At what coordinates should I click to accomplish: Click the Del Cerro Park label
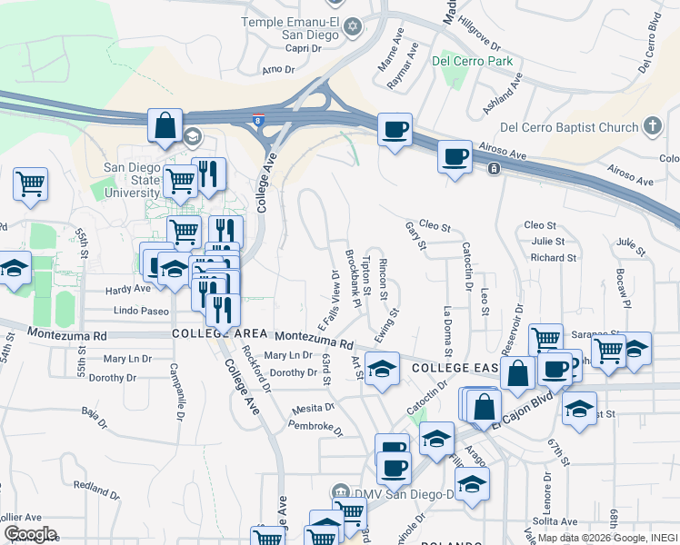pos(473,62)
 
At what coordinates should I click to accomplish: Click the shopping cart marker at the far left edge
pos(29,183)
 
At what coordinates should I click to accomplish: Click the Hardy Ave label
pos(127,290)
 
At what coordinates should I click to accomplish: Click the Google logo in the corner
pos(29,534)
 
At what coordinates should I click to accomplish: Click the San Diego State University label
pos(131,180)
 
